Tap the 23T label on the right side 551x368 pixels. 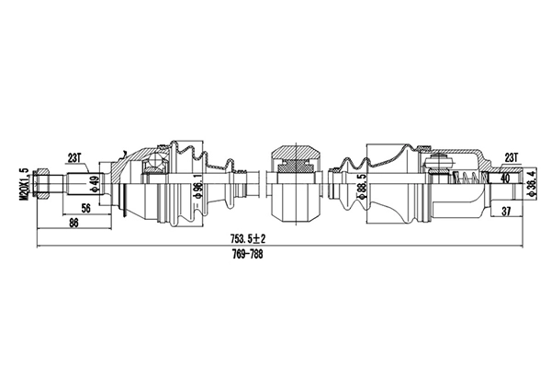511,156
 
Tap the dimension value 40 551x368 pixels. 505,180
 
